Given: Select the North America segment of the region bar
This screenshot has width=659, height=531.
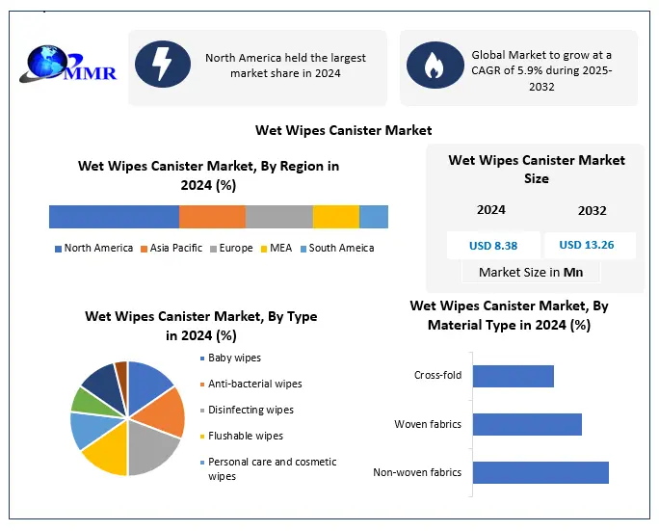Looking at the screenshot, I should (x=114, y=217).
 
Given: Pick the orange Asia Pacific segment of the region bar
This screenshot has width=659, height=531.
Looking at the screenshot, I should (x=212, y=217).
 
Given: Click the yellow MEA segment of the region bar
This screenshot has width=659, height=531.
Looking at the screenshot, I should (x=335, y=217).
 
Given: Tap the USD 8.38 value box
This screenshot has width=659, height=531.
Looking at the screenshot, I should (x=492, y=245).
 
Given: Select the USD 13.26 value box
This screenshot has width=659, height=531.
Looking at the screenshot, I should (x=590, y=245).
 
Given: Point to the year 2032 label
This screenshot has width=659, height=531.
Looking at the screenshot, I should (x=592, y=210).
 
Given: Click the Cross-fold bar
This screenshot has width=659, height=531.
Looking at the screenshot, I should (x=514, y=376).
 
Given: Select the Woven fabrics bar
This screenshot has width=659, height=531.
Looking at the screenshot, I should (x=527, y=424).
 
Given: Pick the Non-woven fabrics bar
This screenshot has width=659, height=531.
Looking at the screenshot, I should (x=540, y=472).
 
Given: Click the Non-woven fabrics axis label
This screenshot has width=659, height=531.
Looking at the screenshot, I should (x=417, y=472).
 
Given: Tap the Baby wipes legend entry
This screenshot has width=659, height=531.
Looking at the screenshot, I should (x=234, y=358).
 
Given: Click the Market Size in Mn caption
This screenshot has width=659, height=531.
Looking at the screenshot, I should (x=531, y=272).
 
